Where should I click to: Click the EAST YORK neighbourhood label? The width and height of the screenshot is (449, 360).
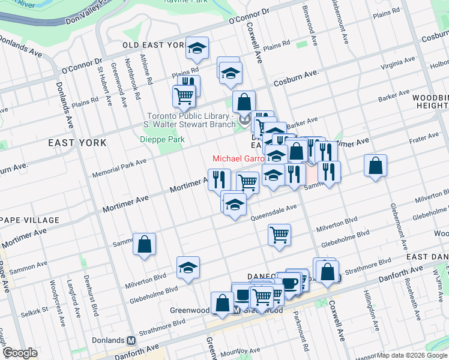coord(77,143)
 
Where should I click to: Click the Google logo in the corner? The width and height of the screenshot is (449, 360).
coord(20,353)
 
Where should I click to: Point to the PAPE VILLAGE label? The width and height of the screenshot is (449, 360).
coord(30,220)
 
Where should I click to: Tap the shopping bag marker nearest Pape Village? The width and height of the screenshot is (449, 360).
coord(144,244)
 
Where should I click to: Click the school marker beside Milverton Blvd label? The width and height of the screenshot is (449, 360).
coord(188,268)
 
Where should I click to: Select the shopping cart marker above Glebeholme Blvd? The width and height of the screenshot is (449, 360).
coord(279,234)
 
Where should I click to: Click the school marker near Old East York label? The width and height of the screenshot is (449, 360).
coord(196,49)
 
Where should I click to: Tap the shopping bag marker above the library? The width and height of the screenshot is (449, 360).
coord(244,101)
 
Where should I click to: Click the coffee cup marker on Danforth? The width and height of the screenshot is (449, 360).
coord(290,283)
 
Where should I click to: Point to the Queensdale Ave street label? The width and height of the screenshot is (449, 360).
coord(274,211)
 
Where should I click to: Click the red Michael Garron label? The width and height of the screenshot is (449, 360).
coord(239,159)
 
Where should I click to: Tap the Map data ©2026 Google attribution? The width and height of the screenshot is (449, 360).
coord(411,355)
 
